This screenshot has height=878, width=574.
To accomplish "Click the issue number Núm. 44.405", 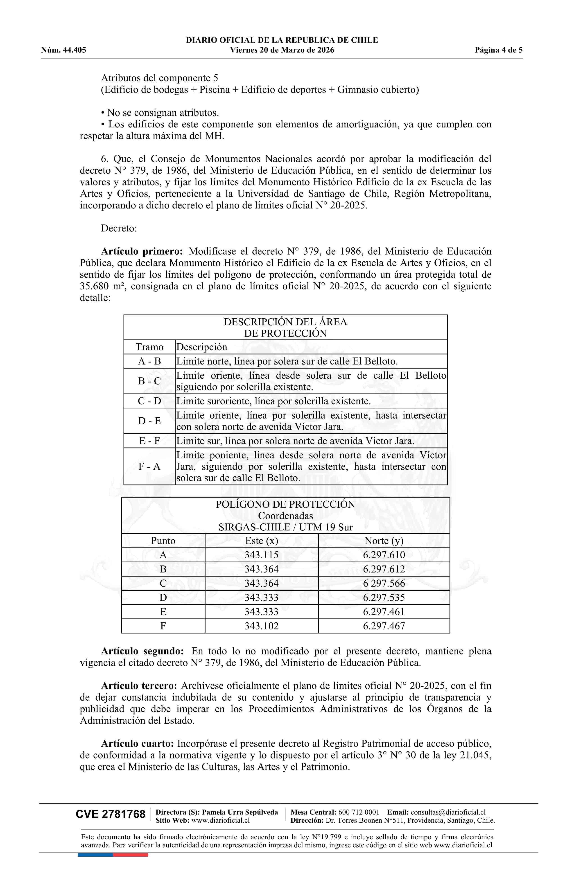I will (63, 50).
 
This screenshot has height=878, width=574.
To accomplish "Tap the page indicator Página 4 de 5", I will (498, 50).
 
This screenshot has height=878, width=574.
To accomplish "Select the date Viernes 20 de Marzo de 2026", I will (282, 50).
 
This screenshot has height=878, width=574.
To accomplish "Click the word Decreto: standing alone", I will (119, 228).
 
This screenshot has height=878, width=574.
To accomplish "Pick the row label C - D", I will (149, 401).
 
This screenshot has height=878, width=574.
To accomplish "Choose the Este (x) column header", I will (262, 541).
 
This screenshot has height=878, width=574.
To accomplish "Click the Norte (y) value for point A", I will (384, 555).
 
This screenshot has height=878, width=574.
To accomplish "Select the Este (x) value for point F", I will (262, 626).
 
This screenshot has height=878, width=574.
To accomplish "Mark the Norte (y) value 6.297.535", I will (384, 598).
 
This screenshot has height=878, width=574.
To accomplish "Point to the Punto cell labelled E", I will (163, 612).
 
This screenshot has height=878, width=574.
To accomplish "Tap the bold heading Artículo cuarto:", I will (137, 744).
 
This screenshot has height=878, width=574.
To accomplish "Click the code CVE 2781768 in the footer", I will (111, 814).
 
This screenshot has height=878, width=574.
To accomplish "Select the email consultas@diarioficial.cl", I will (448, 812).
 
